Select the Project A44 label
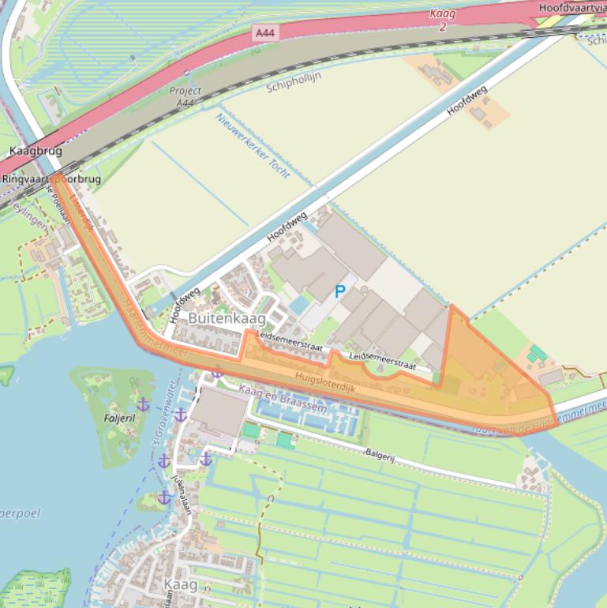185,96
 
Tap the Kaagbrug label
36,150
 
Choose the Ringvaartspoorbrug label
51,179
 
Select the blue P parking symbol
340,291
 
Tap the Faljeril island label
120,416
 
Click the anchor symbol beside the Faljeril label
143,404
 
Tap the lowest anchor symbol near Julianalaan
164,497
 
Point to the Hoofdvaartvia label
572,7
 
